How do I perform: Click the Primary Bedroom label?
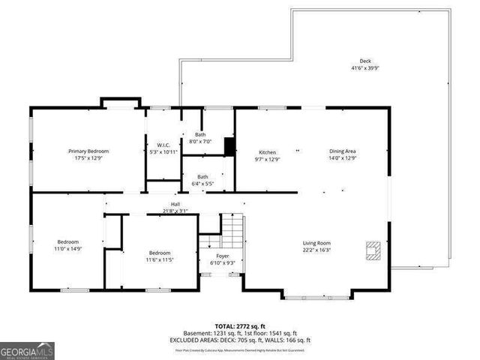pyautogui.click(x=88, y=151)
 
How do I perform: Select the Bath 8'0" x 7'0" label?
pyautogui.click(x=200, y=134)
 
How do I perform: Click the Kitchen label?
pyautogui.click(x=268, y=151)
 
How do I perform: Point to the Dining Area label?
pyautogui.click(x=342, y=151)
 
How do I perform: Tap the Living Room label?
pyautogui.click(x=316, y=243)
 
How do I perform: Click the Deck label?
pyautogui.click(x=365, y=61)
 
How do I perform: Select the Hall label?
pyautogui.click(x=175, y=204)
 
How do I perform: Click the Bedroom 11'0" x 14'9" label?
pyautogui.click(x=68, y=241)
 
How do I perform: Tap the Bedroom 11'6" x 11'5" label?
pyautogui.click(x=159, y=253)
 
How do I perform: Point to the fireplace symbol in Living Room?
pyautogui.click(x=372, y=249)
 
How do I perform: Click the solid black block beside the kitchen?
pyautogui.click(x=230, y=146)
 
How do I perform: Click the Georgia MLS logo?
pyautogui.click(x=27, y=350)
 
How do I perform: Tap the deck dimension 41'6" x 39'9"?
pyautogui.click(x=365, y=69)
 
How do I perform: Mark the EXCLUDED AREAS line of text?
pyautogui.click(x=240, y=340)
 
